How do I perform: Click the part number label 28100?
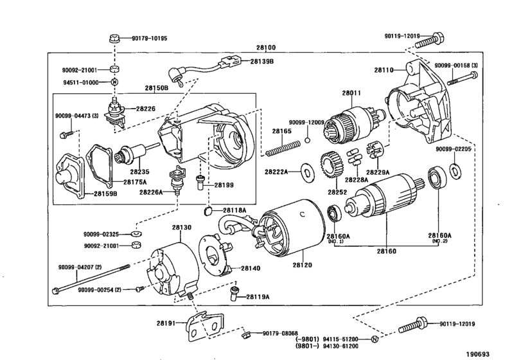pyautogui.click(x=266, y=48)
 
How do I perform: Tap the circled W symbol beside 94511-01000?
pyautogui.click(x=114, y=82)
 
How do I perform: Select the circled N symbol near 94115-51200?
pyautogui.click(x=375, y=339)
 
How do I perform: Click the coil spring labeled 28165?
pyautogui.click(x=283, y=148)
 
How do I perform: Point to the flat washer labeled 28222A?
pyautogui.click(x=308, y=172)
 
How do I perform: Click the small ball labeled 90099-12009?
pyautogui.click(x=307, y=140)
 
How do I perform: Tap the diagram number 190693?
pyautogui.click(x=477, y=354)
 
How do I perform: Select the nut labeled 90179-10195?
pyautogui.click(x=114, y=39)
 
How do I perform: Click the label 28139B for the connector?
pyautogui.click(x=262, y=62)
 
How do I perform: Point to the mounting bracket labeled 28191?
pyautogui.click(x=205, y=327)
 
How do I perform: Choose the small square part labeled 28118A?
pyautogui.click(x=208, y=210)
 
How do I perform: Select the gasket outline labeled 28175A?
pyautogui.click(x=99, y=165)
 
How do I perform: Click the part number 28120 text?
pyautogui.click(x=303, y=265)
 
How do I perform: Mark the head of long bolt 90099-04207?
pyautogui.click(x=55, y=291)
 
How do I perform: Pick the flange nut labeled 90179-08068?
pyautogui.click(x=245, y=334)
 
